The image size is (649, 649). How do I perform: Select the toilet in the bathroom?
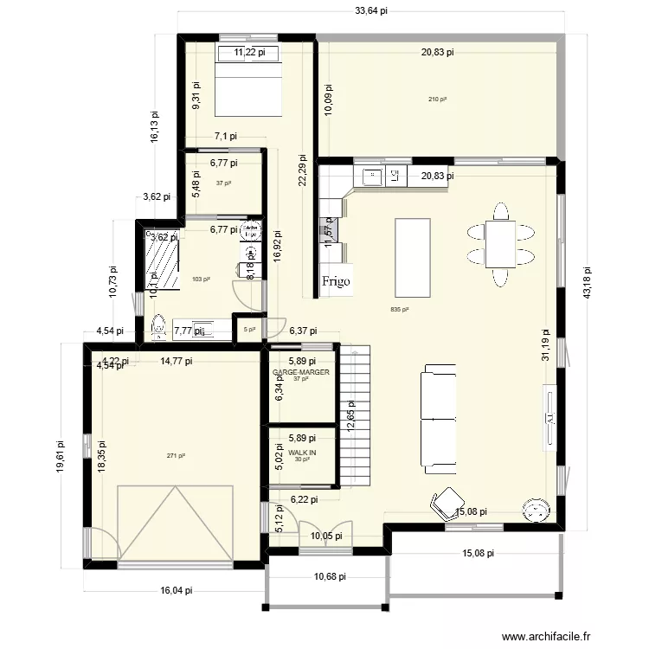(158, 327)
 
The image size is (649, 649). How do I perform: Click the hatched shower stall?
(162, 260)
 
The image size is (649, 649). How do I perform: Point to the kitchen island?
(413, 257)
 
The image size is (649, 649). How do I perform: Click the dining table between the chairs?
(501, 244)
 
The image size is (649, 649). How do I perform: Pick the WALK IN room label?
(302, 453)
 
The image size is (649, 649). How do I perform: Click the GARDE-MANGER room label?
(302, 372)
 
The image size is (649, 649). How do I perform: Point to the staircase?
(354, 415)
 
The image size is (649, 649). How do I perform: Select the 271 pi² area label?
(176, 456)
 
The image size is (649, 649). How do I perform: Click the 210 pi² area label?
(437, 100)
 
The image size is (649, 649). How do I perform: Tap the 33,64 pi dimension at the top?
(371, 11)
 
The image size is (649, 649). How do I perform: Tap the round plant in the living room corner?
(536, 510)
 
